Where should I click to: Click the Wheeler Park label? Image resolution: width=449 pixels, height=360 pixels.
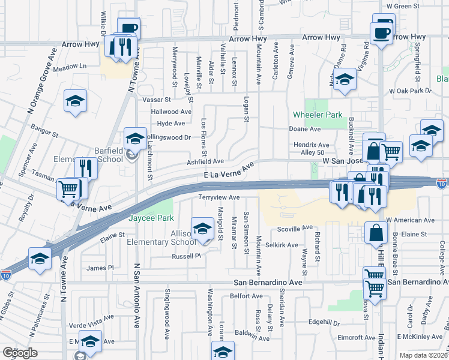(x=318, y=115)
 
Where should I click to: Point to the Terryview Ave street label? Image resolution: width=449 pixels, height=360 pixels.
(x=219, y=197)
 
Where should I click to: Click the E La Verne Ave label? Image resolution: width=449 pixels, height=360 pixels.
(x=229, y=171)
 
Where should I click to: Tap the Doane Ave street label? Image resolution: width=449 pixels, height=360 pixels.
(x=305, y=129)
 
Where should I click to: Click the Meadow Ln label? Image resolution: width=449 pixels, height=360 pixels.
(x=70, y=66)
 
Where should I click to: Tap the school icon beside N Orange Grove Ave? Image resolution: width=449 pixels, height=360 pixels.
(x=76, y=100)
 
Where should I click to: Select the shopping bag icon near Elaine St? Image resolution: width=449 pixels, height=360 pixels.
(x=375, y=233)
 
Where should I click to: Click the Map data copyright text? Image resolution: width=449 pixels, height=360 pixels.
(x=425, y=355)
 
